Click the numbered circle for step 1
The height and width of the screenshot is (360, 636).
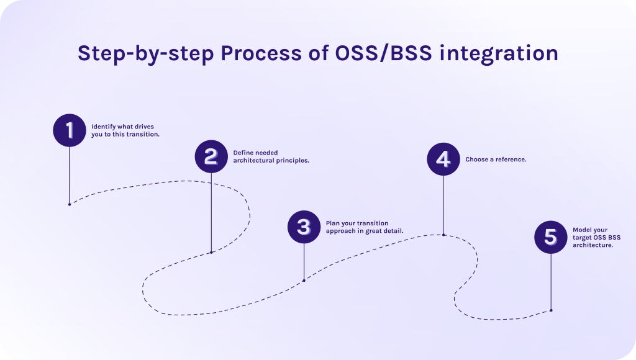coord(69,130)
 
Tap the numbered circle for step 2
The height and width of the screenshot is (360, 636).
coord(211,156)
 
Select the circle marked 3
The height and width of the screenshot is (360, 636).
coord(304,227)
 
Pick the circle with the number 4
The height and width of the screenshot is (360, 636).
coord(443,160)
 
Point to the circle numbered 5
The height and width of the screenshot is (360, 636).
coord(551,237)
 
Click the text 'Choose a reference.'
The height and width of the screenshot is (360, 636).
coord(496,160)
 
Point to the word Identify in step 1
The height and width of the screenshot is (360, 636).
coord(103,126)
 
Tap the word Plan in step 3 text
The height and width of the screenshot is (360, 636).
coord(333,223)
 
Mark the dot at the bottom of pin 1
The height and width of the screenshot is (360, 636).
coord(69,204)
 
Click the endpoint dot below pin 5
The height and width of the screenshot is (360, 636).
coord(551,310)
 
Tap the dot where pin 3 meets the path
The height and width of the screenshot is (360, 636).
coord(304,281)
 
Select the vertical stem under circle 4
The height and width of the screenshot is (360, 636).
coord(443,205)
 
